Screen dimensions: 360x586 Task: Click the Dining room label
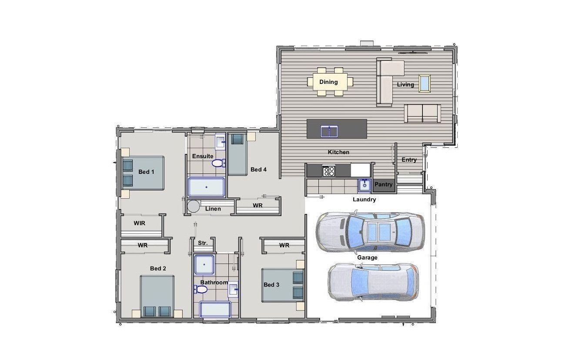coord(328,82)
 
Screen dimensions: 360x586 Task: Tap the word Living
coord(405,84)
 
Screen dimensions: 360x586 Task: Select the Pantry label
coord(383,184)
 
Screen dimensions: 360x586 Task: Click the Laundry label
coord(364,200)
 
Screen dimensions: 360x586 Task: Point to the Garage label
coord(367,257)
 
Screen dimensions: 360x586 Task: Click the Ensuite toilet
coord(218,163)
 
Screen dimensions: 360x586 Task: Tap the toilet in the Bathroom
coord(201,289)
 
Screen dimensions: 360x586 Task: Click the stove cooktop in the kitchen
coord(328,171)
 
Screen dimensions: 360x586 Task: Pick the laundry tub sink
coord(364,186)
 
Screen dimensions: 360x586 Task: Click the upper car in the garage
coord(370,231)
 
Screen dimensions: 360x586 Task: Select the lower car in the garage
coord(373,282)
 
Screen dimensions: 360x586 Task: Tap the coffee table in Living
coord(425,83)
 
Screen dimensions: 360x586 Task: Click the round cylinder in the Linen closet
coord(193,206)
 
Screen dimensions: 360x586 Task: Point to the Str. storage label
coord(203,243)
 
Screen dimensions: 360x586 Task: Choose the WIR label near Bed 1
coord(139,223)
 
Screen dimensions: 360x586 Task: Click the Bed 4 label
coord(258,169)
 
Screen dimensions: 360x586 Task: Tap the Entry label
coord(409,160)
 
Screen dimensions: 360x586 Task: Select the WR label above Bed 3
coord(284,245)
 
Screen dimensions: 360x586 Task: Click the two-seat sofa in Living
coord(422,113)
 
